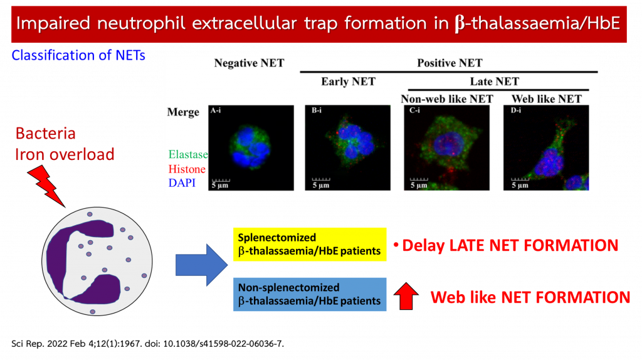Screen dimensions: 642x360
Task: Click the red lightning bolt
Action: point(46,186)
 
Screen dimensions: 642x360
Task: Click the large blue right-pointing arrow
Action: point(201,265)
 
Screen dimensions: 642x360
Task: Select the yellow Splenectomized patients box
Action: point(310,245)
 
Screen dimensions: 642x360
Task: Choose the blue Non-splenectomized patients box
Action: point(310,295)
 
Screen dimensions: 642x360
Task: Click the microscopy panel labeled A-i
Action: point(251,148)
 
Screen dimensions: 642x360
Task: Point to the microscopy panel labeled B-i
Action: point(347,148)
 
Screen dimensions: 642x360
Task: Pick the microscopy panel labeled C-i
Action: point(446,148)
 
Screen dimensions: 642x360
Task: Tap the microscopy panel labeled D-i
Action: point(546,148)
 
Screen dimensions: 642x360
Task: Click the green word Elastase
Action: point(188,154)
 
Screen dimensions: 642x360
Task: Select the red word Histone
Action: point(187,169)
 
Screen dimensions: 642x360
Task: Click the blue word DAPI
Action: point(182,183)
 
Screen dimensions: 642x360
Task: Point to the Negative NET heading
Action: point(249,63)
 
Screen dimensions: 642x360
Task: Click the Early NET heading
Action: point(348,82)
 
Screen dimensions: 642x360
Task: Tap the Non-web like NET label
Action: point(446,98)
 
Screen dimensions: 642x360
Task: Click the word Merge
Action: point(183,112)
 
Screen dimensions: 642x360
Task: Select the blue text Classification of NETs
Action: point(78,55)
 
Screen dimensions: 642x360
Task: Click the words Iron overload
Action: point(65,154)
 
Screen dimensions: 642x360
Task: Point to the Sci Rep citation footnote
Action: point(147,344)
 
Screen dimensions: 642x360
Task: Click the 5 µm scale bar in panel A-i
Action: point(221,180)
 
